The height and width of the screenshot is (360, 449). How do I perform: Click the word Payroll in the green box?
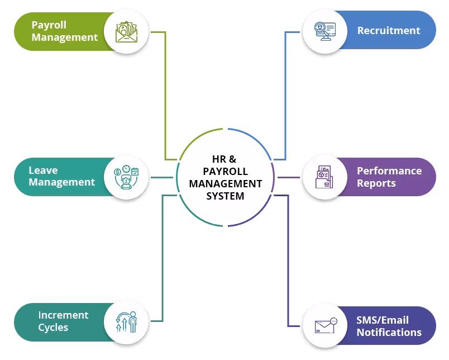coord(49,25)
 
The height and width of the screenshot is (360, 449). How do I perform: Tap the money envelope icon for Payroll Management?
coord(126,31)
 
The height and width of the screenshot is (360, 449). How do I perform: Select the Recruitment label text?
coord(388,31)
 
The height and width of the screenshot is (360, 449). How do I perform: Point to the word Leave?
coord(43,170)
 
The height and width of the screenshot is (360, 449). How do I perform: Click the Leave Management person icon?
coord(126,177)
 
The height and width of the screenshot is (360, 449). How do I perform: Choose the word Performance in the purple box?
coord(389,170)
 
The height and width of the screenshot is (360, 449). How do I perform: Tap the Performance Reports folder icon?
coord(323,177)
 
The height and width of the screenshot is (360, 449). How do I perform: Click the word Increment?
coord(63,315)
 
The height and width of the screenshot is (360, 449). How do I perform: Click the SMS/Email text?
coord(382,320)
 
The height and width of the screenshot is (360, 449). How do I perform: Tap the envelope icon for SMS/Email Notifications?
coord(324,326)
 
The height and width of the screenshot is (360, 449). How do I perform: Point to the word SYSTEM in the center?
coord(225,196)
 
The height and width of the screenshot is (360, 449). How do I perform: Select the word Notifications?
coord(389,333)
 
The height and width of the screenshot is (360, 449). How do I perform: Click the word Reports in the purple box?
coord(376,183)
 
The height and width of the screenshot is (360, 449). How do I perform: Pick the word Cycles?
coord(53,328)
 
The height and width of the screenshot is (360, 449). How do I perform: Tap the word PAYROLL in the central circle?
coord(225,171)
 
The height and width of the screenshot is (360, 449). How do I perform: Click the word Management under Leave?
coord(61,182)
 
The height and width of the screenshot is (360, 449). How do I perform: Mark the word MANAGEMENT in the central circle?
coord(225,183)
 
